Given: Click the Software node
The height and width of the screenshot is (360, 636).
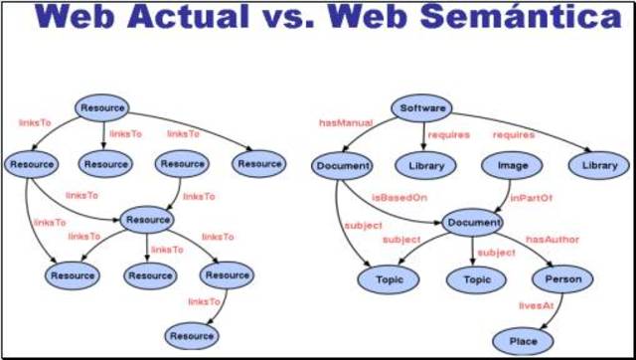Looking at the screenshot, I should (421, 107).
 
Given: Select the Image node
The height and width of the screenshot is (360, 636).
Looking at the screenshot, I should (505, 165).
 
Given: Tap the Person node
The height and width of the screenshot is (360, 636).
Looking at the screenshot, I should (563, 279).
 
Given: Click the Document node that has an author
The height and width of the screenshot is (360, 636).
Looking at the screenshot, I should (473, 223).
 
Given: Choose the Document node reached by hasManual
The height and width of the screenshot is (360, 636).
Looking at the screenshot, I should (342, 165).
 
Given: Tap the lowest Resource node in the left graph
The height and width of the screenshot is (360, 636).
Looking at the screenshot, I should (191, 336).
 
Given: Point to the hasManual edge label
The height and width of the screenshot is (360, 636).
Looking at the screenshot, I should (345, 123).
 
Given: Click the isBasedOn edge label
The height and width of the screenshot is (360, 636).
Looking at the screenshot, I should (399, 197).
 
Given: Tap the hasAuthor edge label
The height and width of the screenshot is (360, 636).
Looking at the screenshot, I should (553, 240).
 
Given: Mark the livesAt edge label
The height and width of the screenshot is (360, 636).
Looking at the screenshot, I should (538, 307).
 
